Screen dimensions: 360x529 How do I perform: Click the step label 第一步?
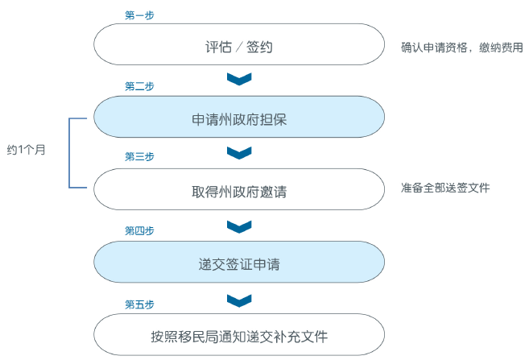click(140, 15)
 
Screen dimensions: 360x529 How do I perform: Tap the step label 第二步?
click(139, 86)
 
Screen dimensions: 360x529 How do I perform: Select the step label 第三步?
click(139, 157)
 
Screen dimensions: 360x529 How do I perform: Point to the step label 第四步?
click(139, 230)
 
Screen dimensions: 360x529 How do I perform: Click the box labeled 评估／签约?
click(239, 45)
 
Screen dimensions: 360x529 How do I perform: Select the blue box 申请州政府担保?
click(239, 118)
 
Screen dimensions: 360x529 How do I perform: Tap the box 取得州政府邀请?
click(239, 192)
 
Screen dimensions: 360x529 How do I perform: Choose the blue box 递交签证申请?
click(239, 263)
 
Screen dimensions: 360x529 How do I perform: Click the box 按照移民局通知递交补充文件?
click(239, 335)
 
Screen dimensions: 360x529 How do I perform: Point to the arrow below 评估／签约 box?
click(239, 78)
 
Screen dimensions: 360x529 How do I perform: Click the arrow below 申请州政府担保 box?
click(239, 151)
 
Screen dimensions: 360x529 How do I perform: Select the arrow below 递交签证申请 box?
click(239, 300)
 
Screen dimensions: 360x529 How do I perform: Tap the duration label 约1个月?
click(27, 151)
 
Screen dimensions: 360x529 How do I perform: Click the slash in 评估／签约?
click(239, 46)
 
